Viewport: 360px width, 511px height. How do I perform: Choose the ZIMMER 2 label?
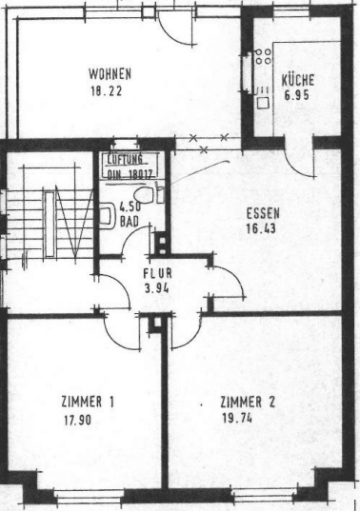click(247, 403)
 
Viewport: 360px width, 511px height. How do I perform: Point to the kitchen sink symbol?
click(262, 94)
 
